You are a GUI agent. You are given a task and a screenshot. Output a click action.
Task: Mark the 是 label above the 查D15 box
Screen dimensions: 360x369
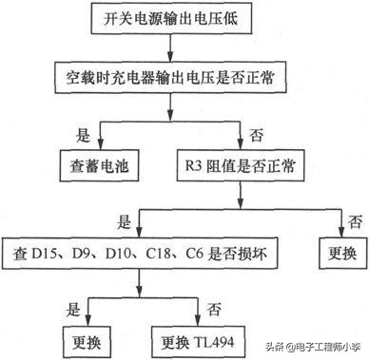(x=123, y=224)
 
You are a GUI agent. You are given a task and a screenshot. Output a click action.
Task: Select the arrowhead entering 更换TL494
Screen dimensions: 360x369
(x=199, y=321)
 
